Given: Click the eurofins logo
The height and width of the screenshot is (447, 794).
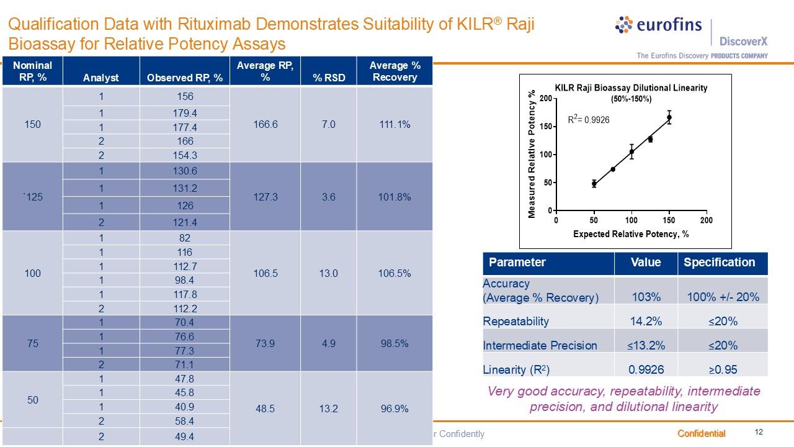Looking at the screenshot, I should [x=658, y=25].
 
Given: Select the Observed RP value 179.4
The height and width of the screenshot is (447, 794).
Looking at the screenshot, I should [x=185, y=113].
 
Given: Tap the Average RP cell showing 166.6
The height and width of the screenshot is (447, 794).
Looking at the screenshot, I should [x=265, y=124].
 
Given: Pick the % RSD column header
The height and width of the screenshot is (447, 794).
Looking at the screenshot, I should [x=328, y=77].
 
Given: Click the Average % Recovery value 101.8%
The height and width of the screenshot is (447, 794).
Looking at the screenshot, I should [x=395, y=197].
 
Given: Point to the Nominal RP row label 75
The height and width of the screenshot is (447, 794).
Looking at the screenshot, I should [x=32, y=343].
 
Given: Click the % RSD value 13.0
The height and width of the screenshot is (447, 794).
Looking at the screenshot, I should [x=328, y=273].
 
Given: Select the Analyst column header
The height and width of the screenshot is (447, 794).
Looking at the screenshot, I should [x=101, y=78].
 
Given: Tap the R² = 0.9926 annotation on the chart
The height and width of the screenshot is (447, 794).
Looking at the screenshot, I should [x=589, y=119].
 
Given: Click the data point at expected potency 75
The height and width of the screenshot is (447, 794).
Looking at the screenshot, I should [x=613, y=169].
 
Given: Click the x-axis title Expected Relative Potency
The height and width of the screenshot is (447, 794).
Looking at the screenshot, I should [x=631, y=234].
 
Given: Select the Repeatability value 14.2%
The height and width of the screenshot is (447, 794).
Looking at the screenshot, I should [x=645, y=321].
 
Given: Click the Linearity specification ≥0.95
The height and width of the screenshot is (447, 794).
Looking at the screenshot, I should [x=723, y=369].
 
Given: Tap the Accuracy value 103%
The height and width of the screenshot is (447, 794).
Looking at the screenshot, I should [x=645, y=297].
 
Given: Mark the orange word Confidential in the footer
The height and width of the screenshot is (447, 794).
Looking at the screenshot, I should [x=701, y=433].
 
